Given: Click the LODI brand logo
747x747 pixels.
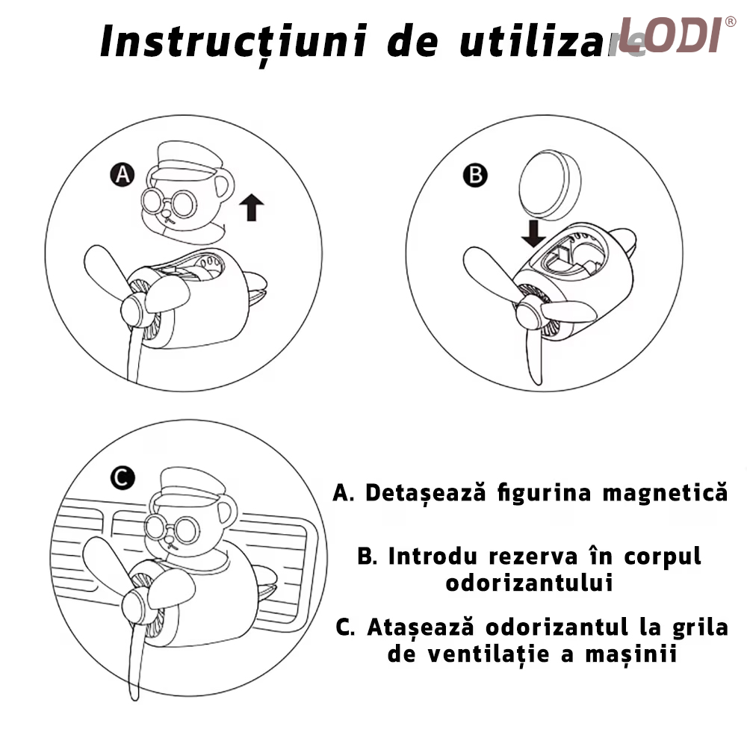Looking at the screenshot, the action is (x=677, y=35).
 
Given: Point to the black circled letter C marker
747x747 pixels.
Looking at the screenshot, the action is (x=123, y=477).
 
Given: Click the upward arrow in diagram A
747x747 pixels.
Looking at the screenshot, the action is (x=252, y=208).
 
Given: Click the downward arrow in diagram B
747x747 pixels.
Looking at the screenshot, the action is (x=533, y=233).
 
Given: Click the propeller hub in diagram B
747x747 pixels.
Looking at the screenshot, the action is (x=530, y=314).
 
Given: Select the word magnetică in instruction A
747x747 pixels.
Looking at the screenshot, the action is (x=665, y=492).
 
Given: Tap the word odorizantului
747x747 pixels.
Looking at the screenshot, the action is (x=530, y=583).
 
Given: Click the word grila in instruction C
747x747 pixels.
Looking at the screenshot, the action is (x=701, y=628).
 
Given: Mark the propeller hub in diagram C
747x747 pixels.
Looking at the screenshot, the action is (x=136, y=608).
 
